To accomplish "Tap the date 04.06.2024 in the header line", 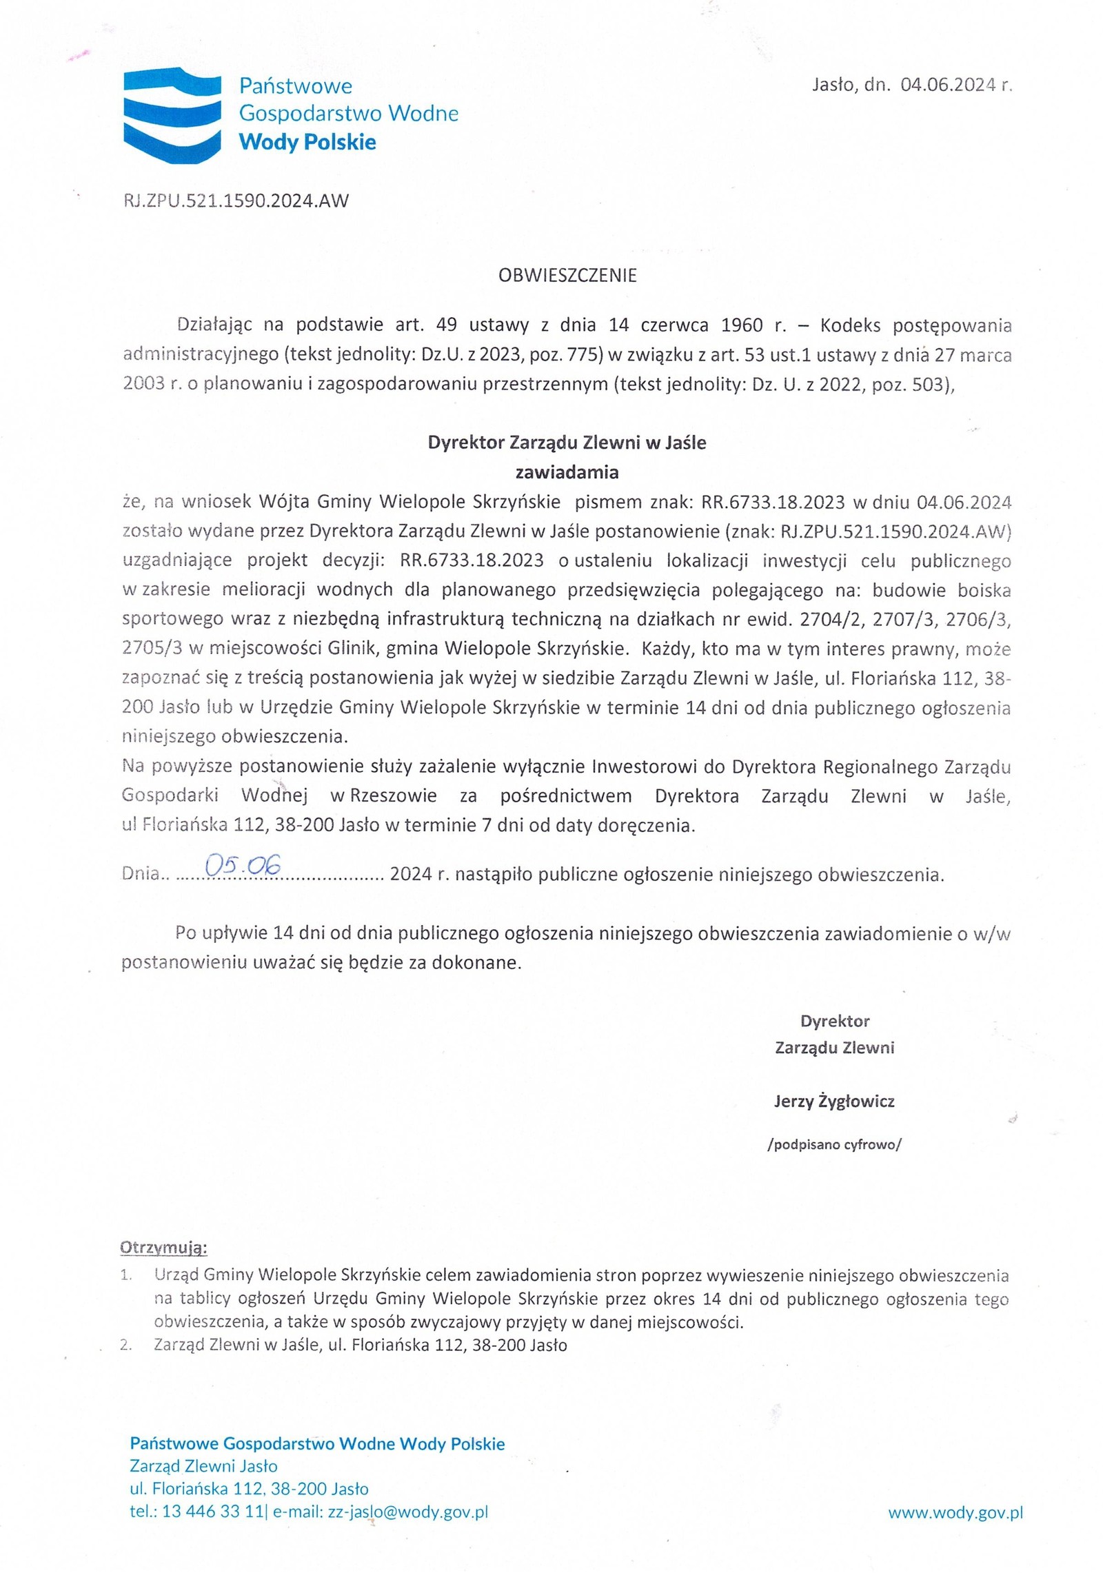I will coord(948,85).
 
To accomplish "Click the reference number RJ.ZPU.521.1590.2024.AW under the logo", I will coord(235,201).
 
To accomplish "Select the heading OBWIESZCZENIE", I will coord(567,276).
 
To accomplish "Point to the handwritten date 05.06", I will coord(243,866).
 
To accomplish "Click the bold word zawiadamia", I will coord(567,472).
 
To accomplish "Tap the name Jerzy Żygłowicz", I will coord(833,1101).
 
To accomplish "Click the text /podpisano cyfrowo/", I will coord(833,1145).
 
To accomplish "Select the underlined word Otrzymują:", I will coord(163,1248).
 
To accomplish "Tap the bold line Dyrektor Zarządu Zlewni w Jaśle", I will coord(567,443).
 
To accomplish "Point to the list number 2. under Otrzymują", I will coord(126,1345).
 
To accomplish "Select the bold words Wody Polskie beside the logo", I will coord(307,143).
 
